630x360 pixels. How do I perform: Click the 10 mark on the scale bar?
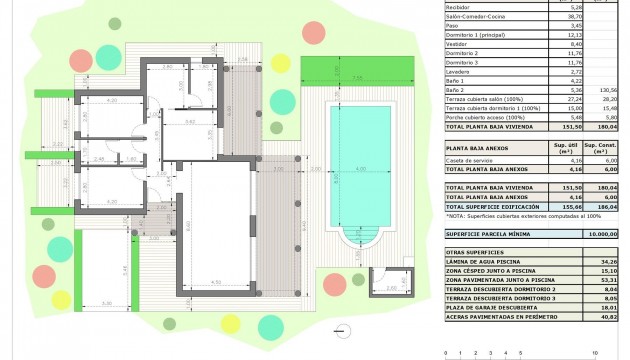[596, 353]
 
